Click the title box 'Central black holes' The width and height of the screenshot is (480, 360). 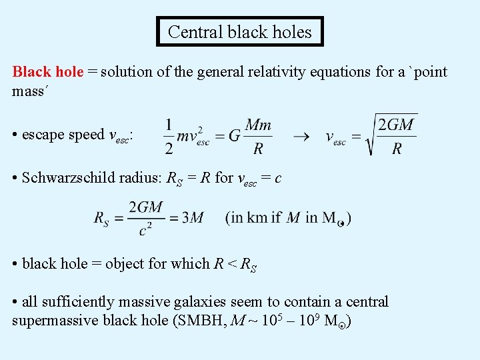coord(240,31)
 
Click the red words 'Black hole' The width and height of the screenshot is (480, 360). coord(48,71)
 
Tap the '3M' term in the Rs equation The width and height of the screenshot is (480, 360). coord(193,217)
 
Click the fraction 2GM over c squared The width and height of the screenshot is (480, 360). coord(146,218)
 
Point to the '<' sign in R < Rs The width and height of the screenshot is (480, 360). coord(232,263)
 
